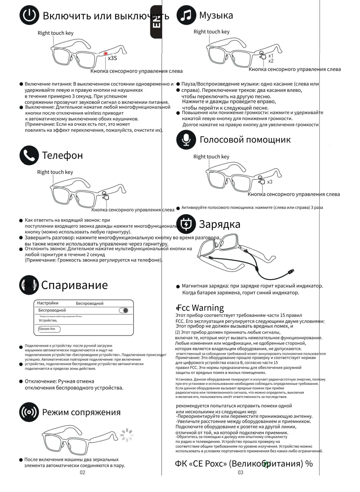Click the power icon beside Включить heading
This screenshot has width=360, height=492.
point(29,16)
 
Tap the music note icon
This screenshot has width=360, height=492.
point(186,15)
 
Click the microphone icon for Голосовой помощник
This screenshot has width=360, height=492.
point(186,139)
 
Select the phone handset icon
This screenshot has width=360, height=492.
point(29,155)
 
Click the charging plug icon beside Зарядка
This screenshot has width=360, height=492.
point(186,224)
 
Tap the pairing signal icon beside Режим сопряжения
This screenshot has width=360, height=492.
point(29,412)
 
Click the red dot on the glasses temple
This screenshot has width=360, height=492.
point(105,53)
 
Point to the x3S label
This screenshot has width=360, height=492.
point(112,58)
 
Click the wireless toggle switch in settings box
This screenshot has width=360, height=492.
point(124,310)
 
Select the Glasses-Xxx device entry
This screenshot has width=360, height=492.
point(49,329)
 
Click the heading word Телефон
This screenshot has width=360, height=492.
point(63,155)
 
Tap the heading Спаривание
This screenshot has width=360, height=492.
point(74,285)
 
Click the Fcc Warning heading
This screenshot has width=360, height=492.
point(200,308)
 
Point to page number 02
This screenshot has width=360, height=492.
point(82,472)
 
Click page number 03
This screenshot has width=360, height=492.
point(240,472)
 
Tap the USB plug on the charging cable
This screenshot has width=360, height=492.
point(291,271)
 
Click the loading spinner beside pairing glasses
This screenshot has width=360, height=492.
point(127,434)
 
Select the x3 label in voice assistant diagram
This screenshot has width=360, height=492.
point(270,182)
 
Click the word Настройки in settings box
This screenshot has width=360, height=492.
point(48,303)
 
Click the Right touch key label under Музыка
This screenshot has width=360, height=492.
point(211,32)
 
